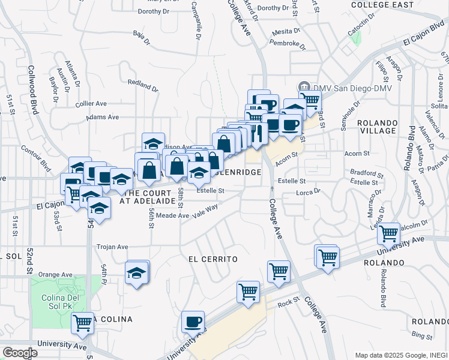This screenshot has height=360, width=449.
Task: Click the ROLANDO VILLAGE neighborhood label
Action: click(x=377, y=126)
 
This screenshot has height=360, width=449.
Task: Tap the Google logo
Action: click(x=19, y=352)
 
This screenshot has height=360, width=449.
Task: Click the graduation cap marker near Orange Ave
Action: click(x=137, y=272)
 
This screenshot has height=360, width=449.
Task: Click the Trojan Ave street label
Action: click(x=114, y=247)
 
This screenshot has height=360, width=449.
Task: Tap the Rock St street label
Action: click(x=288, y=304)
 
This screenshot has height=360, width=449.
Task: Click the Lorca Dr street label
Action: click(x=309, y=193)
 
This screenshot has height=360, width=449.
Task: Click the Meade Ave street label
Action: click(x=175, y=215)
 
